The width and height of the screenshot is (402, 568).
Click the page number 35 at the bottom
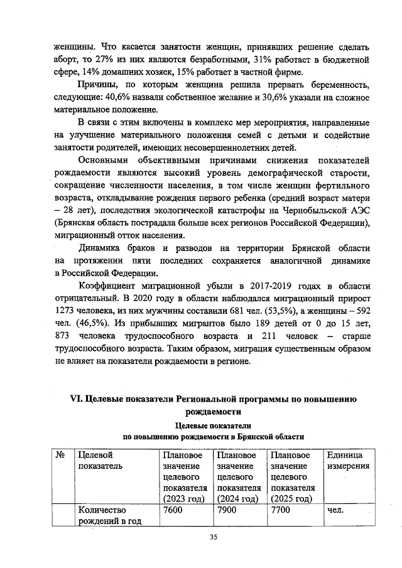213,537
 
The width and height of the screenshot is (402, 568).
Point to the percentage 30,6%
286,98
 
